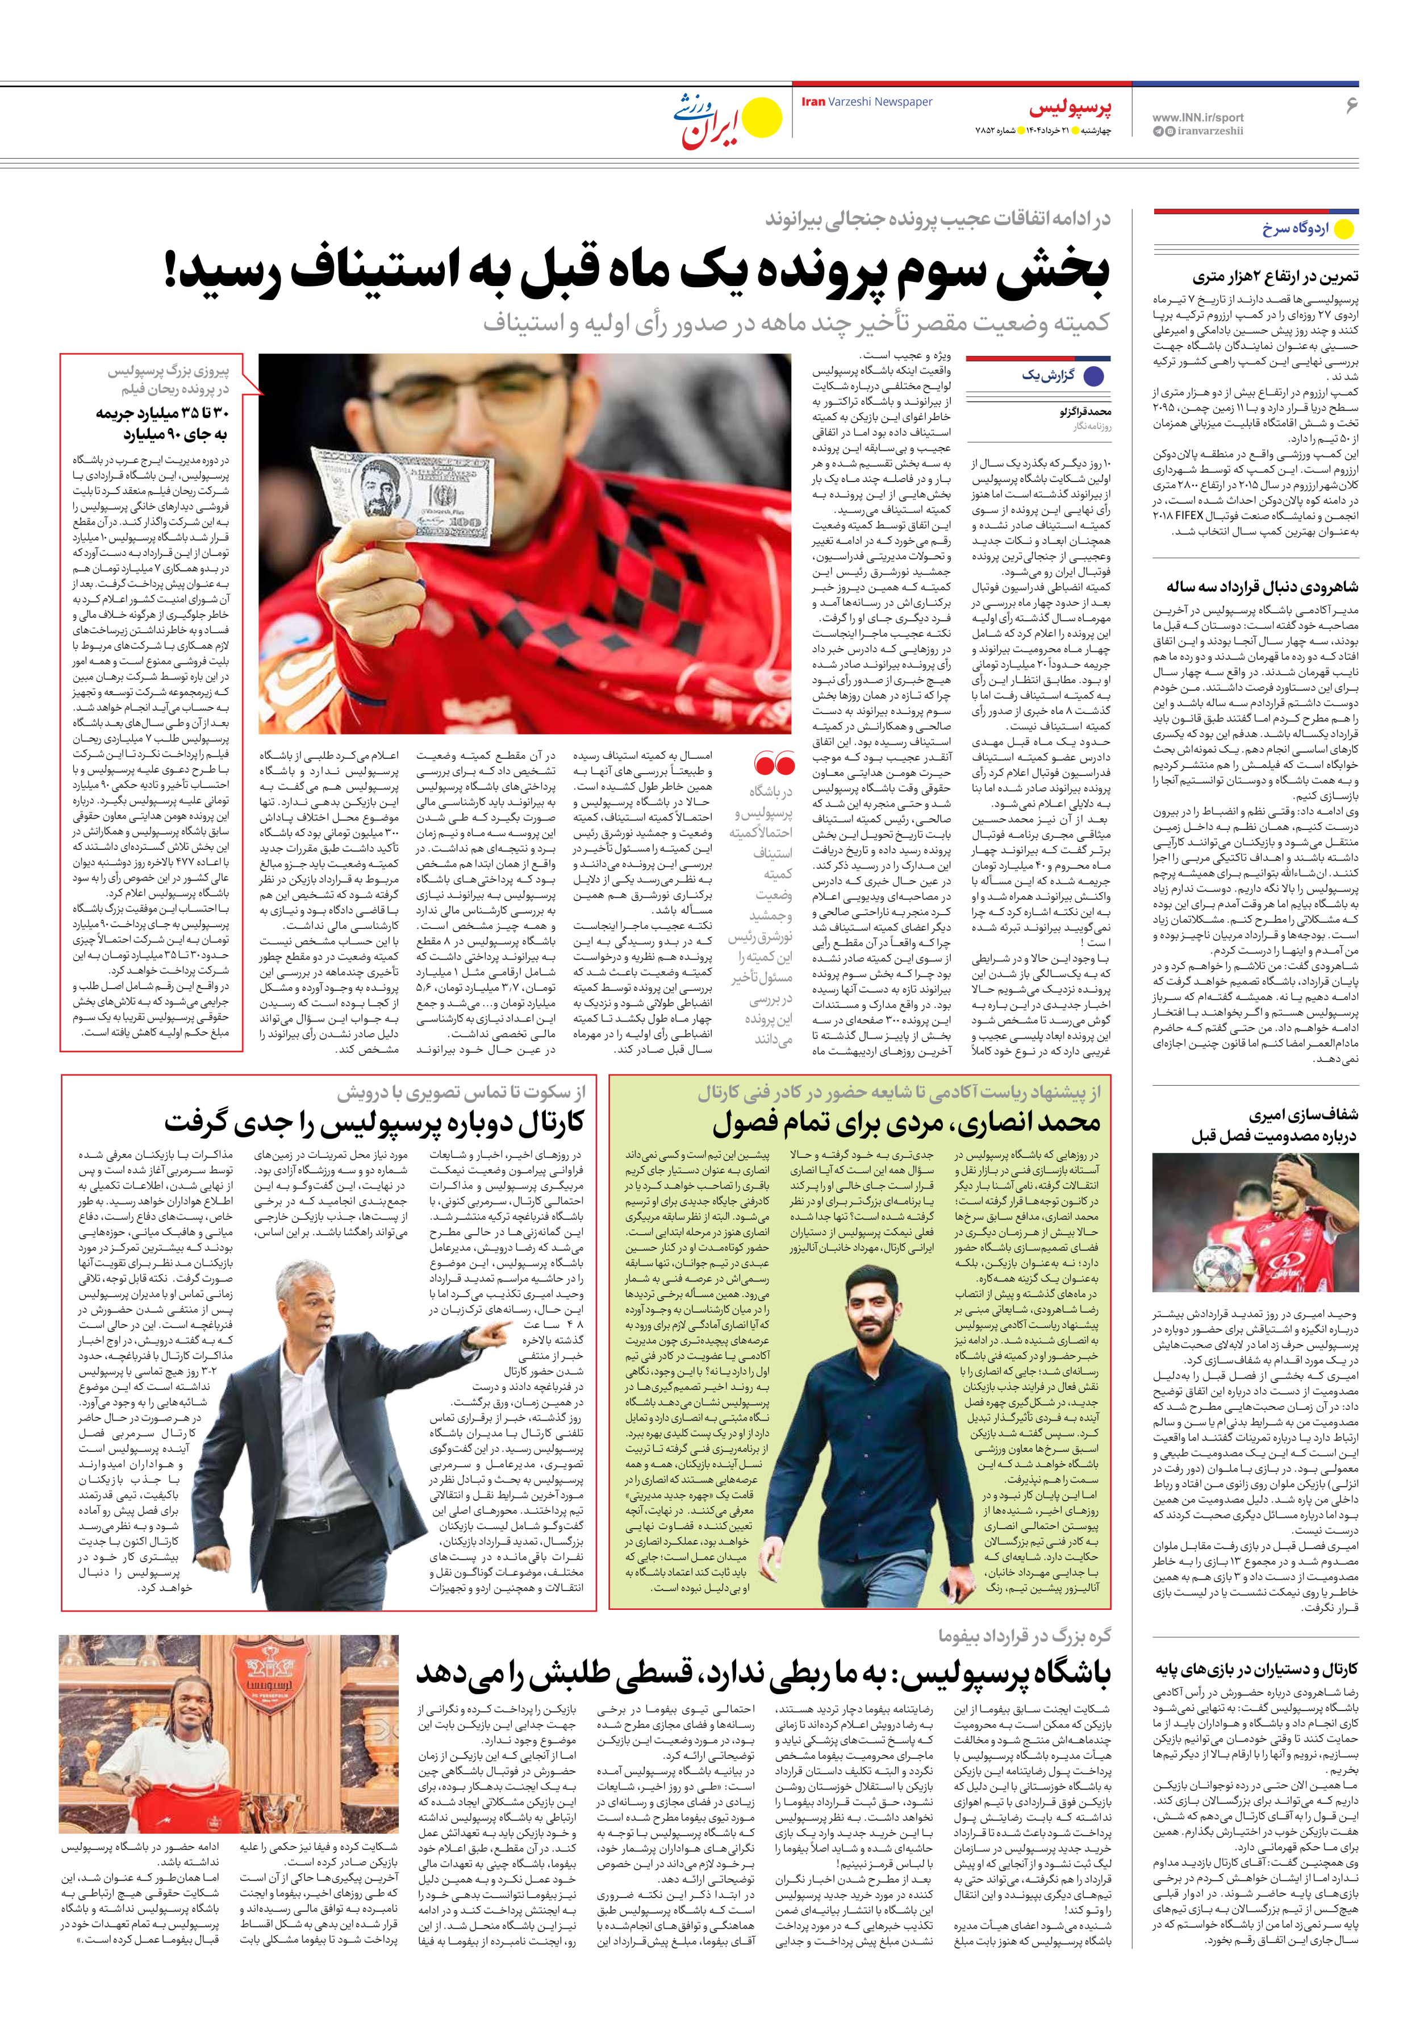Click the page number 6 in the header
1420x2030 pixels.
point(1350,105)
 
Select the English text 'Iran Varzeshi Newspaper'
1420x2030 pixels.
point(866,102)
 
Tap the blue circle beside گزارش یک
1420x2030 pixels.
point(1093,376)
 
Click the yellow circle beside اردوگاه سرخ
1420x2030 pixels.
point(1343,229)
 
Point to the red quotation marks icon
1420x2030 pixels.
point(774,763)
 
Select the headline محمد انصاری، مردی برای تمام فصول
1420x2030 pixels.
point(906,1124)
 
